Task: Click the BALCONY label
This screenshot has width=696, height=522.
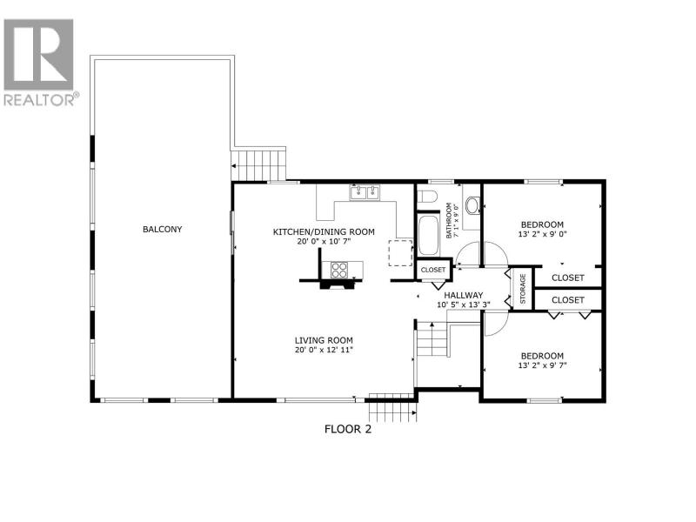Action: pos(162,230)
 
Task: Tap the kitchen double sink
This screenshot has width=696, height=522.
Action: pos(365,192)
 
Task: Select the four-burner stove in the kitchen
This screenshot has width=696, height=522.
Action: pos(339,271)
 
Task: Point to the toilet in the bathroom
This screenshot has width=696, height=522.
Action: pos(428,196)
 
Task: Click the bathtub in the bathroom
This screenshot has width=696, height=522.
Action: pos(428,235)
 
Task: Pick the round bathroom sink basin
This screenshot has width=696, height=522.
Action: pos(472,205)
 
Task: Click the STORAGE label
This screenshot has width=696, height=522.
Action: pos(523,289)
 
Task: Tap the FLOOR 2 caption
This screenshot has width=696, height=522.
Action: pos(348,429)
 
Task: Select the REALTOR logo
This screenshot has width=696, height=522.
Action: pos(39,63)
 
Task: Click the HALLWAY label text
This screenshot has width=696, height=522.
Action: pos(464,296)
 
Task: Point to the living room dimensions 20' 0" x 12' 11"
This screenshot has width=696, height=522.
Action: pos(324,350)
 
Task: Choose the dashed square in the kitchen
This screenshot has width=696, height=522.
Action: pos(401,253)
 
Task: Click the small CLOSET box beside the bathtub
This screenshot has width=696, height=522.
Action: pos(433,270)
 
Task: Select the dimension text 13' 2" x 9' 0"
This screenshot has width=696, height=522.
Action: pos(542,234)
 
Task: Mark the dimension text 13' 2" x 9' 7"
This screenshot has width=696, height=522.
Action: pos(542,365)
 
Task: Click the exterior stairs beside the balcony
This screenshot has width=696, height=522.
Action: pos(258,165)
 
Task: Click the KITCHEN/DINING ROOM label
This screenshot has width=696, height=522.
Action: pos(324,231)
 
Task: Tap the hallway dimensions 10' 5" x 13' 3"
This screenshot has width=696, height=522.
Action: pos(464,305)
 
